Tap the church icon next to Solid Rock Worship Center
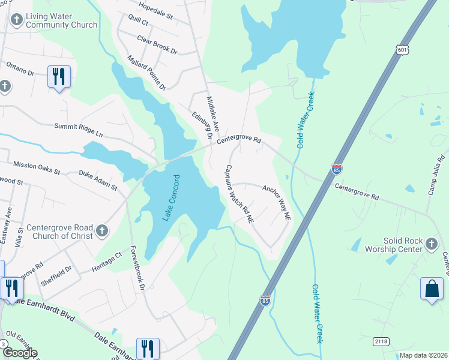pyautogui.click(x=431, y=244)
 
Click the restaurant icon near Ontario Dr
pyautogui.click(x=59, y=77)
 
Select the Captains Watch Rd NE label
pyautogui.click(x=239, y=194)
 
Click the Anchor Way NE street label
pyautogui.click(x=277, y=202)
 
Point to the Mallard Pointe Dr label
pyautogui.click(x=146, y=73)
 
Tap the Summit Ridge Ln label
pyautogui.click(x=79, y=128)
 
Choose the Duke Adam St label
pyautogui.click(x=98, y=179)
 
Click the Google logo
pyautogui.click(x=20, y=353)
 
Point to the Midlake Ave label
pyautogui.click(x=213, y=115)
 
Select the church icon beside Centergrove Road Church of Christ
pyautogui.click(x=102, y=230)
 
